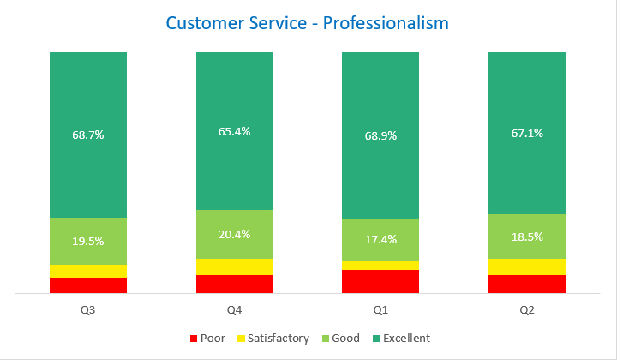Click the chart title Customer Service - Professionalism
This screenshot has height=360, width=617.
(307, 22)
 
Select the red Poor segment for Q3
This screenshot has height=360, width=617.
(88, 285)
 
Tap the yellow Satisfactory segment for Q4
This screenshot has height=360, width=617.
(234, 267)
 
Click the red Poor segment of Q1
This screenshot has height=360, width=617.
(380, 281)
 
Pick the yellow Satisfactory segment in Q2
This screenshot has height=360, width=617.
(527, 267)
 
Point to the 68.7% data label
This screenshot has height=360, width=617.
(88, 135)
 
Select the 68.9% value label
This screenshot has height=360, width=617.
(380, 135)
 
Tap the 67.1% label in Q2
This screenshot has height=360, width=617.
(527, 133)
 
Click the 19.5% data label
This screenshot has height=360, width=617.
(88, 241)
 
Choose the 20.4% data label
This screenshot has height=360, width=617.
(234, 234)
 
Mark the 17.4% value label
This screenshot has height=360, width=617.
(380, 239)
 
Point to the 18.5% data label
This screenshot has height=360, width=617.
(527, 236)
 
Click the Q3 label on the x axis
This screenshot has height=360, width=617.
(88, 309)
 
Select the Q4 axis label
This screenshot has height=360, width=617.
(234, 309)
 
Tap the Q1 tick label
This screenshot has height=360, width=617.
(380, 309)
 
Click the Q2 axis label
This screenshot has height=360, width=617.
(527, 309)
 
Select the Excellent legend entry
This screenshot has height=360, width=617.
(399, 339)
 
